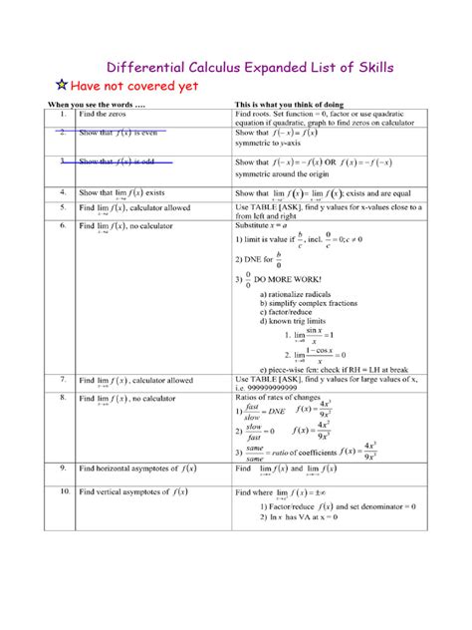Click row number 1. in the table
coord(61,115)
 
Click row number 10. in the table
coord(62,491)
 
